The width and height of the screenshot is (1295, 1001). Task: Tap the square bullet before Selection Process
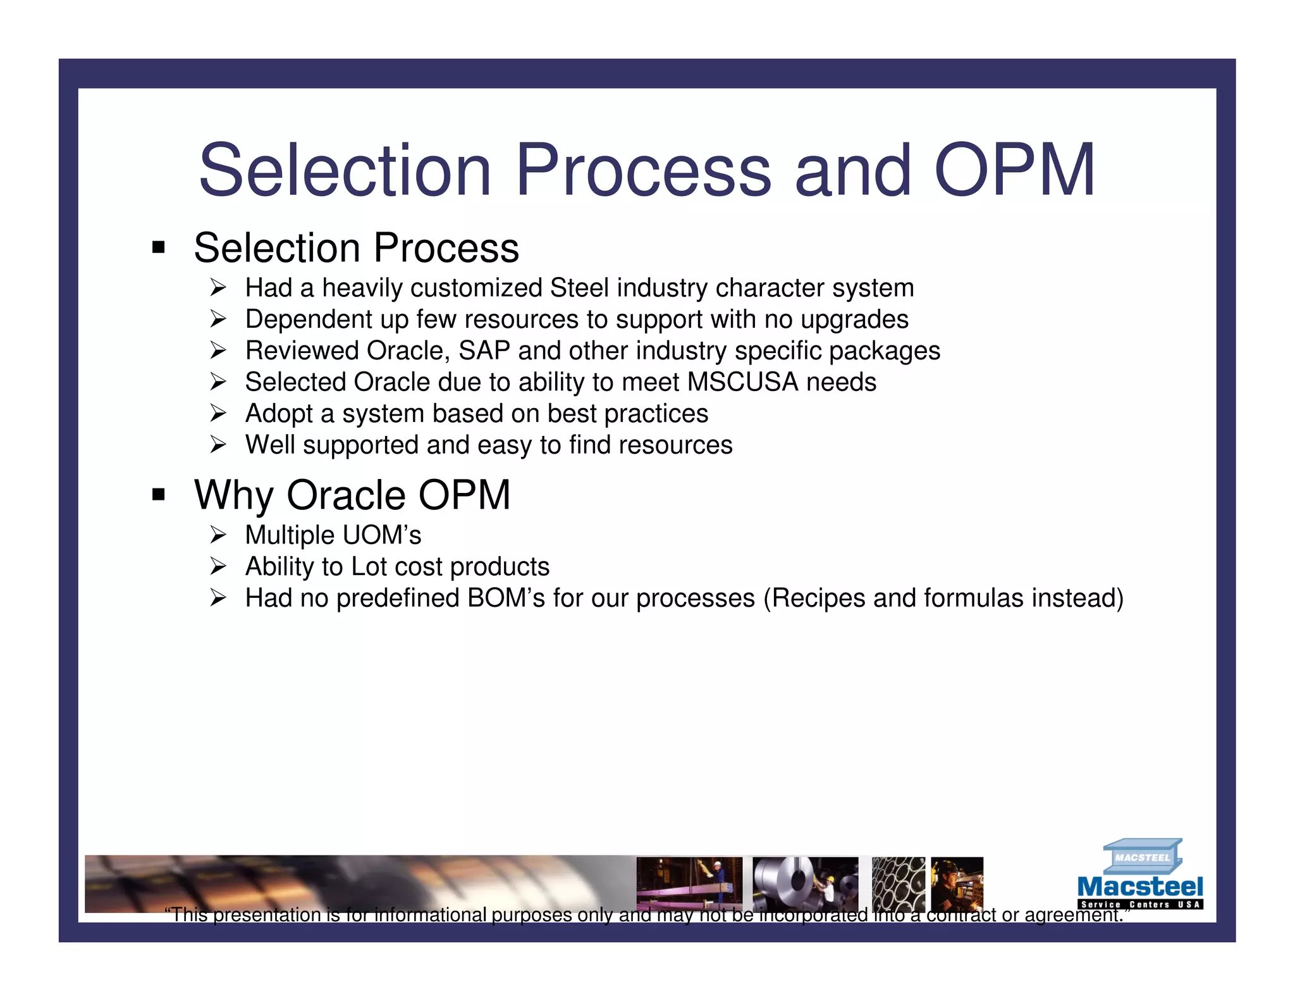click(x=159, y=247)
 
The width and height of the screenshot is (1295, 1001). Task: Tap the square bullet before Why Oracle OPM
click(x=159, y=494)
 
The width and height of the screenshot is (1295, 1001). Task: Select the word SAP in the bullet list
click(x=484, y=351)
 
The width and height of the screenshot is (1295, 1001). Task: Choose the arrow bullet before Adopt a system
click(x=218, y=414)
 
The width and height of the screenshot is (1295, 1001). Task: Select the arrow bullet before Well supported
click(x=218, y=445)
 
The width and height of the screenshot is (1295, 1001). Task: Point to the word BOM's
click(x=506, y=599)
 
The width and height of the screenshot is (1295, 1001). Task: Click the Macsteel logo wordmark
click(x=1139, y=887)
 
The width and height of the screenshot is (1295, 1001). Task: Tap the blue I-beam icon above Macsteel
click(x=1142, y=856)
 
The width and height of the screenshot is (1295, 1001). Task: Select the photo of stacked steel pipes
click(x=898, y=884)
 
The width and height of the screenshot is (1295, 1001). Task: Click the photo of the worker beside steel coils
click(x=805, y=884)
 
